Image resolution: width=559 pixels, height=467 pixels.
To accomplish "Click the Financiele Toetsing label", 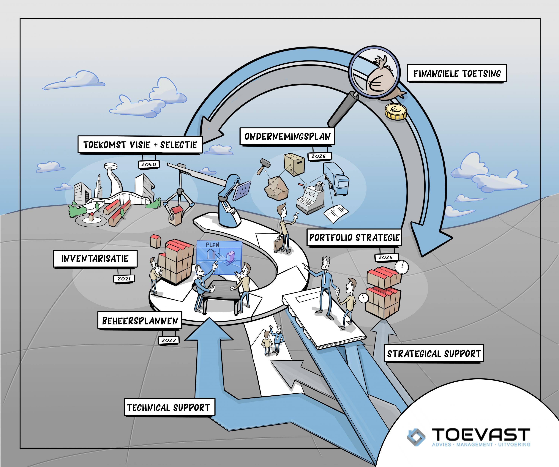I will [x=457, y=73].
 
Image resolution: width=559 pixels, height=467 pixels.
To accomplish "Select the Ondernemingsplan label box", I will [x=287, y=136].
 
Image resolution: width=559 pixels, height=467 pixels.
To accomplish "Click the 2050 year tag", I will [x=149, y=164].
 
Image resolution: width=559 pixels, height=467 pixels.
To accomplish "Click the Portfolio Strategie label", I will [x=354, y=237].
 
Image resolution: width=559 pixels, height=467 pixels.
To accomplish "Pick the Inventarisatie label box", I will [x=95, y=258].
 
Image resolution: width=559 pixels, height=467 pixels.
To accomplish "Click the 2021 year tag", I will [x=124, y=278].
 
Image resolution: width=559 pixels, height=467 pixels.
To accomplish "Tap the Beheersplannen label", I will [x=140, y=321].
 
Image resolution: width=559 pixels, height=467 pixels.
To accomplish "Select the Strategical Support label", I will [x=434, y=354].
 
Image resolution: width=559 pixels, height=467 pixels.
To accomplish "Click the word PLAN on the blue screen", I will [x=212, y=245].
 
